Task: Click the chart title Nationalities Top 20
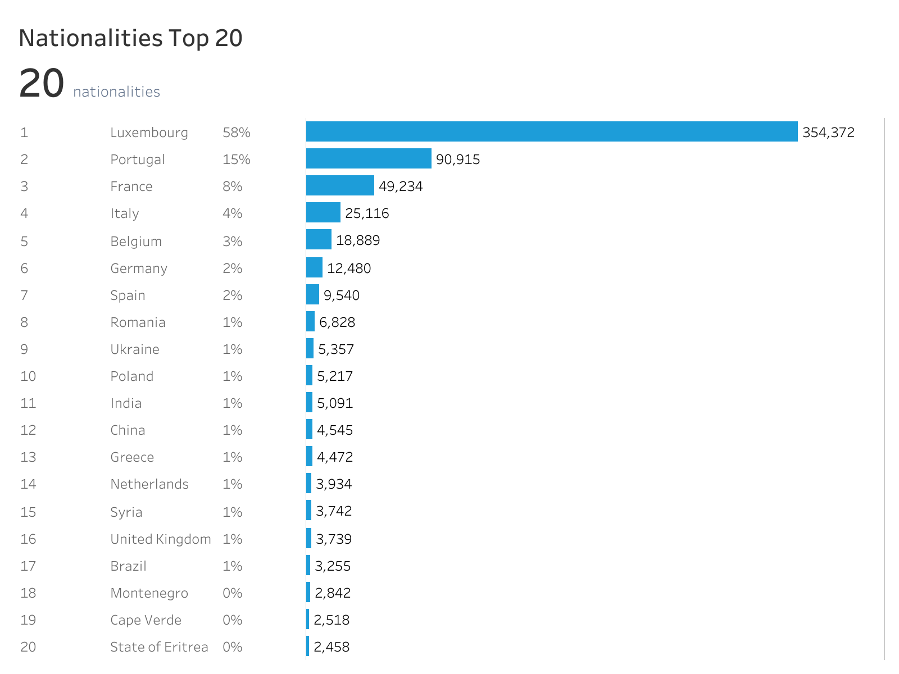click(x=130, y=38)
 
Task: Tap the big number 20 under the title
click(x=41, y=84)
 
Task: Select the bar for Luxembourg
click(x=551, y=131)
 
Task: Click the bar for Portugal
click(x=369, y=158)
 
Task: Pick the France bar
click(x=340, y=185)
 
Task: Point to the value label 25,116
click(x=367, y=213)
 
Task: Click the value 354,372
click(x=828, y=133)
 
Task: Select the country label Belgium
click(x=136, y=242)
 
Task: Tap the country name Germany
click(x=139, y=268)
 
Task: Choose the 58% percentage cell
click(x=236, y=133)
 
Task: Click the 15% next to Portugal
click(x=236, y=160)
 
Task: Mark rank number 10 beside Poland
click(x=28, y=376)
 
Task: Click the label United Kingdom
click(x=161, y=539)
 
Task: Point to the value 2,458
click(x=332, y=647)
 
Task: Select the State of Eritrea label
click(x=159, y=647)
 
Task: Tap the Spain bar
click(x=312, y=294)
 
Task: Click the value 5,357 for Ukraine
click(x=336, y=349)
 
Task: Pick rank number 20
click(x=28, y=647)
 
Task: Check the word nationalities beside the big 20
click(x=116, y=92)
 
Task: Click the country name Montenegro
click(x=149, y=593)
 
